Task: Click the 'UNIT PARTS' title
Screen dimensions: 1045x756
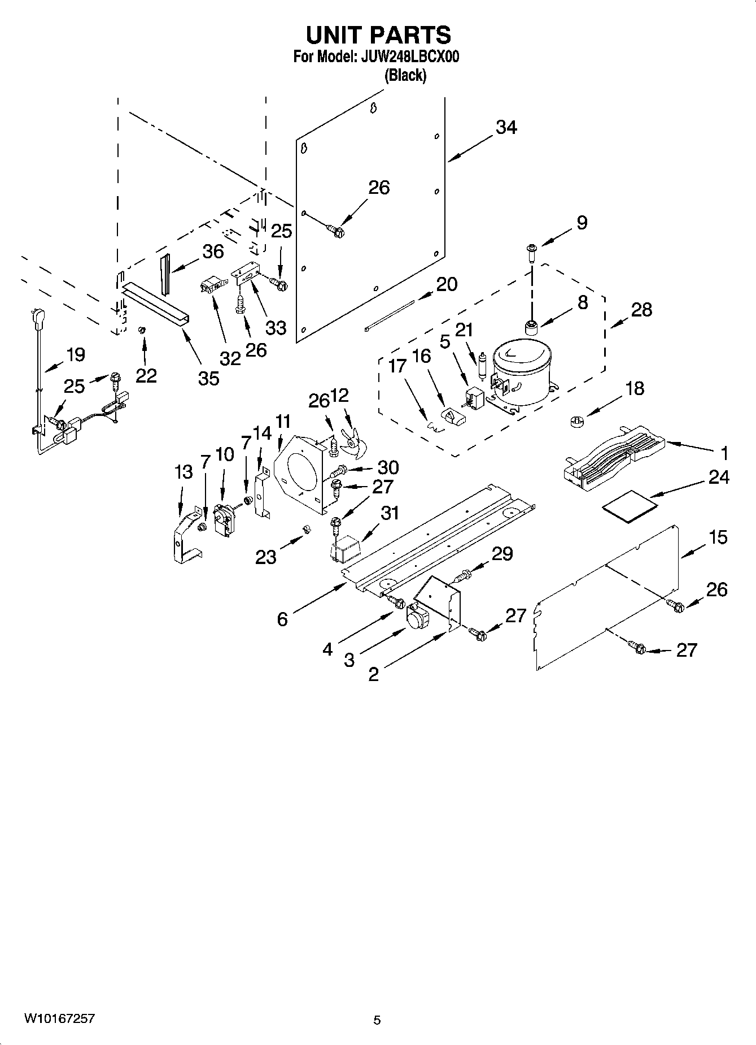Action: tap(378, 35)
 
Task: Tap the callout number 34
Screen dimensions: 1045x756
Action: tap(506, 128)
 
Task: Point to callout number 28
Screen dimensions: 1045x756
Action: tap(642, 310)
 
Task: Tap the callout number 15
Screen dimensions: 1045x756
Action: tap(718, 537)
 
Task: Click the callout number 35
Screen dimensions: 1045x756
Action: tap(208, 378)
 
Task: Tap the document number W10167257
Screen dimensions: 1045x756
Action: tap(59, 1019)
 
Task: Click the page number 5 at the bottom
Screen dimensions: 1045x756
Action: tap(377, 1020)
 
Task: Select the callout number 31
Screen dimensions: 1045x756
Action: tap(389, 513)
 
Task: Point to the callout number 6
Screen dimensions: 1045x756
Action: tap(282, 619)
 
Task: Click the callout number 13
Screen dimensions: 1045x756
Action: tap(183, 472)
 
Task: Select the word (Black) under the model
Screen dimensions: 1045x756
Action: tap(405, 75)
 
